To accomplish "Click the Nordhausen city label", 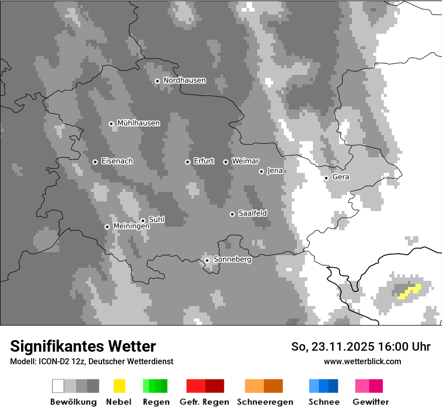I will click(x=184, y=80).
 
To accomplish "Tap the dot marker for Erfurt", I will click(x=187, y=162).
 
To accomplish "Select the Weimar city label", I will click(x=245, y=161).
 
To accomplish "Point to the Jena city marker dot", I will click(x=261, y=171).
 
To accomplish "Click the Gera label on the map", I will click(x=341, y=177).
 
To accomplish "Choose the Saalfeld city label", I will click(x=252, y=214).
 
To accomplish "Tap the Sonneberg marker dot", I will click(x=207, y=260).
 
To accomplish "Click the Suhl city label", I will click(x=156, y=220).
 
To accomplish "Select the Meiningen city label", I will click(x=131, y=227).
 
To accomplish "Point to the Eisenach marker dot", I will click(x=95, y=162).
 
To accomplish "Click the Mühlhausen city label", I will click(x=138, y=123).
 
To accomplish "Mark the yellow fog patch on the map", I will click(x=409, y=291).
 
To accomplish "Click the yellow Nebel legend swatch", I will click(x=119, y=386).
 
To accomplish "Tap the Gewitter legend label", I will click(x=371, y=402).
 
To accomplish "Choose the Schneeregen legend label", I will click(x=265, y=402).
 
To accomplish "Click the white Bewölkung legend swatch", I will click(x=58, y=386).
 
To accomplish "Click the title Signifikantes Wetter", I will click(x=83, y=347).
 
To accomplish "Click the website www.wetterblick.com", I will click(x=362, y=362).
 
